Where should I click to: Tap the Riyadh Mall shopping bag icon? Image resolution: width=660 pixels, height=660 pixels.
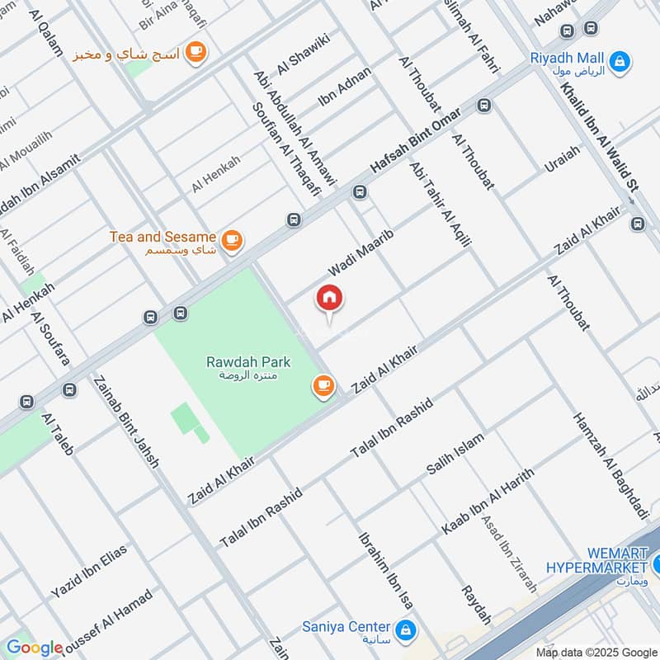[618, 60]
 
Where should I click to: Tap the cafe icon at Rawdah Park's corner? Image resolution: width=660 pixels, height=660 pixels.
[323, 385]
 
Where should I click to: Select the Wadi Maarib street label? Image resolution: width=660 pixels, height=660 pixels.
[361, 254]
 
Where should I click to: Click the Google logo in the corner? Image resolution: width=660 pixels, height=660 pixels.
[35, 648]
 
